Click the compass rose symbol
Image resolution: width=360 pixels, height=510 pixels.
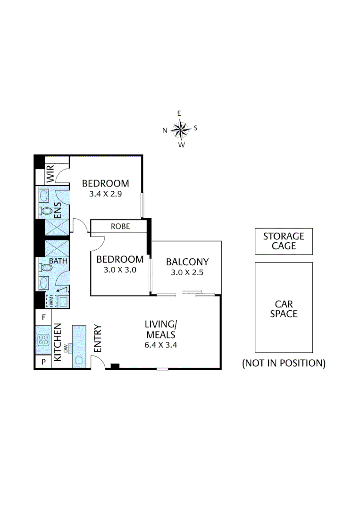tap(180, 128)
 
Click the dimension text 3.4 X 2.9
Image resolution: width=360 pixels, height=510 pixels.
tap(105, 194)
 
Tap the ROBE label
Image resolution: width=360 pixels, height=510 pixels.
tap(120, 226)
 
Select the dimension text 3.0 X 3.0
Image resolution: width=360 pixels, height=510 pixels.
tap(119, 270)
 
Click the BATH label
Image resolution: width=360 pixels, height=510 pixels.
tap(59, 261)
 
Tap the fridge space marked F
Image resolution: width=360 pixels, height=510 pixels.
tap(43, 317)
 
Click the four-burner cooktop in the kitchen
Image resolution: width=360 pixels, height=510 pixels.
tap(44, 340)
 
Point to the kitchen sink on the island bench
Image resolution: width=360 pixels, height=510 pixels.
tap(79, 360)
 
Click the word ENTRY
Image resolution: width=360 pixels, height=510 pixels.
tap(98, 339)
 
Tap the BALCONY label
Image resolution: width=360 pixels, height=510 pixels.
tap(187, 262)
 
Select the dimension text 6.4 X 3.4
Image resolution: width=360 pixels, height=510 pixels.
tap(160, 345)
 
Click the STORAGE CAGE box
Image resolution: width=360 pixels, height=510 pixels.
tap(284, 241)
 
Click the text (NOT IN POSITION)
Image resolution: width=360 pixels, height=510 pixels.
tap(284, 363)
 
